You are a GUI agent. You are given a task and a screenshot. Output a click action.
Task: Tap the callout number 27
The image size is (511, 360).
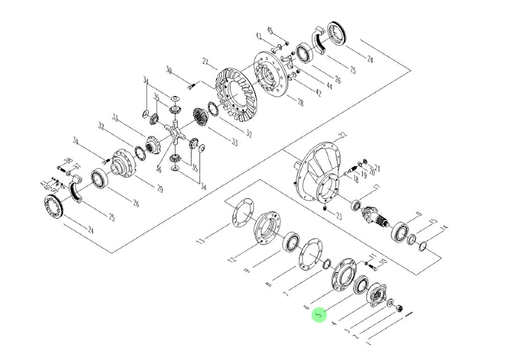click(x=206, y=62)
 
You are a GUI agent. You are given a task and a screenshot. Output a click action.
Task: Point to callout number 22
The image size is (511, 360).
click(x=343, y=135)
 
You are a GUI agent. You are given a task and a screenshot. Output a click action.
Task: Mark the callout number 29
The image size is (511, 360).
click(x=160, y=188)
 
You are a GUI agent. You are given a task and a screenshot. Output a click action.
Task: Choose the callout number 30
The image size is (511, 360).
click(x=169, y=70)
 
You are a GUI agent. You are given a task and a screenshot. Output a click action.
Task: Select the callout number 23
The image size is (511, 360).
click(x=338, y=216)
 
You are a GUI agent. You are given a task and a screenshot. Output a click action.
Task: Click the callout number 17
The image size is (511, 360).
click(x=377, y=188)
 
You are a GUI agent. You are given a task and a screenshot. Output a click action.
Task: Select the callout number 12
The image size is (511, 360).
click(x=233, y=260)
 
